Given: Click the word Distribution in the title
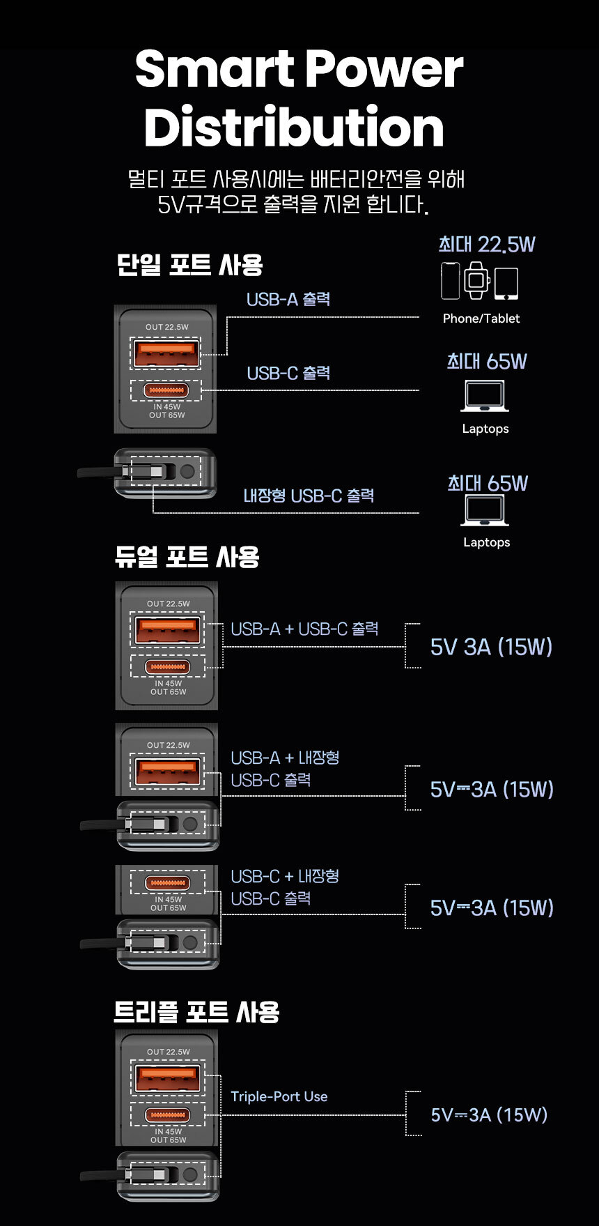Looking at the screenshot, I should click(293, 128).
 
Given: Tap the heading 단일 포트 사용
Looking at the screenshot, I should click(189, 265).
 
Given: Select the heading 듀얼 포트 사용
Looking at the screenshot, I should click(187, 557).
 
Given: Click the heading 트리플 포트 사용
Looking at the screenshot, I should click(196, 1011).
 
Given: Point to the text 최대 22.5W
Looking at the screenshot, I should click(487, 245).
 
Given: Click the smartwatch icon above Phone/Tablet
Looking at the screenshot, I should click(477, 280).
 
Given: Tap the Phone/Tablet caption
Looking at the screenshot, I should click(481, 319).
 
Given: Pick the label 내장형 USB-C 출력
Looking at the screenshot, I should click(309, 496).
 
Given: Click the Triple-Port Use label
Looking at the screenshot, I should click(279, 1096).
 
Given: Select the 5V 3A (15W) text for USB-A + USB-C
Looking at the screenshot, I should click(491, 647).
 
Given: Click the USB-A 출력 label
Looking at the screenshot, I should click(288, 300).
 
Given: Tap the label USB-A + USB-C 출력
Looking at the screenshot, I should click(304, 629).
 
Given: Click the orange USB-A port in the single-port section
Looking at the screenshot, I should click(165, 353).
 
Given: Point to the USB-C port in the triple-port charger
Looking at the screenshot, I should click(168, 1115).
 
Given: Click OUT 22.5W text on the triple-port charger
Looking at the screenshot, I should click(168, 1052).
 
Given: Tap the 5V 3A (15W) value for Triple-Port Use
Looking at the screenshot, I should click(489, 1114).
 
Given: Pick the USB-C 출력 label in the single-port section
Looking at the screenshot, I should click(288, 374).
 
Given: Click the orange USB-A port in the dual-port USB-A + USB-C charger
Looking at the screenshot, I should click(167, 630).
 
